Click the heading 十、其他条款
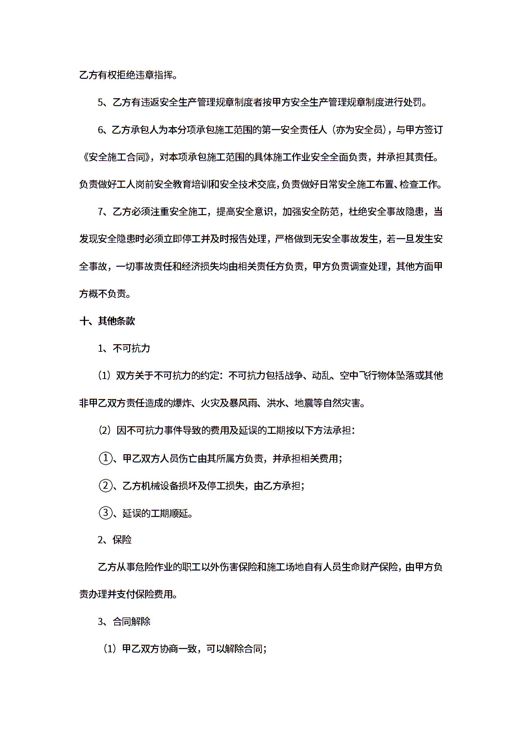pos(107,321)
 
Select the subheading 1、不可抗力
pos(124,348)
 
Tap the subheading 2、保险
pos(115,540)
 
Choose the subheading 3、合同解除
pos(124,622)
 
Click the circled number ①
pos(105,458)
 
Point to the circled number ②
pos(105,485)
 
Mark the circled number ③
pos(105,513)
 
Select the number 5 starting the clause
pos(101,103)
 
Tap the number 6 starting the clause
pos(101,130)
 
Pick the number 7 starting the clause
pos(101,212)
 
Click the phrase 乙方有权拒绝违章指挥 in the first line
pos(126,76)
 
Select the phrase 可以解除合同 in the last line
pos(234,649)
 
